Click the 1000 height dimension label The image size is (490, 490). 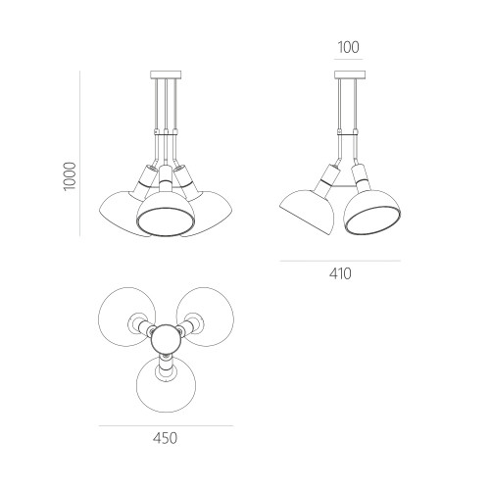click(70, 176)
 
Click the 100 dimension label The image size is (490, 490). click(348, 47)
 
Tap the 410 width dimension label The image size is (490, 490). click(340, 273)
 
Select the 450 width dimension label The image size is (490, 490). click(166, 438)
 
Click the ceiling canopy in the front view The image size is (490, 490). click(166, 74)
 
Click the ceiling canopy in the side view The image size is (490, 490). click(350, 74)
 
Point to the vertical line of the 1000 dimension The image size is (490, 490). click(80, 153)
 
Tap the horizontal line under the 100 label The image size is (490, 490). click(349, 59)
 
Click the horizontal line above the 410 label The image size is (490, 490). click(340, 261)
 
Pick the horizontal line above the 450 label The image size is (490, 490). click(166, 425)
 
